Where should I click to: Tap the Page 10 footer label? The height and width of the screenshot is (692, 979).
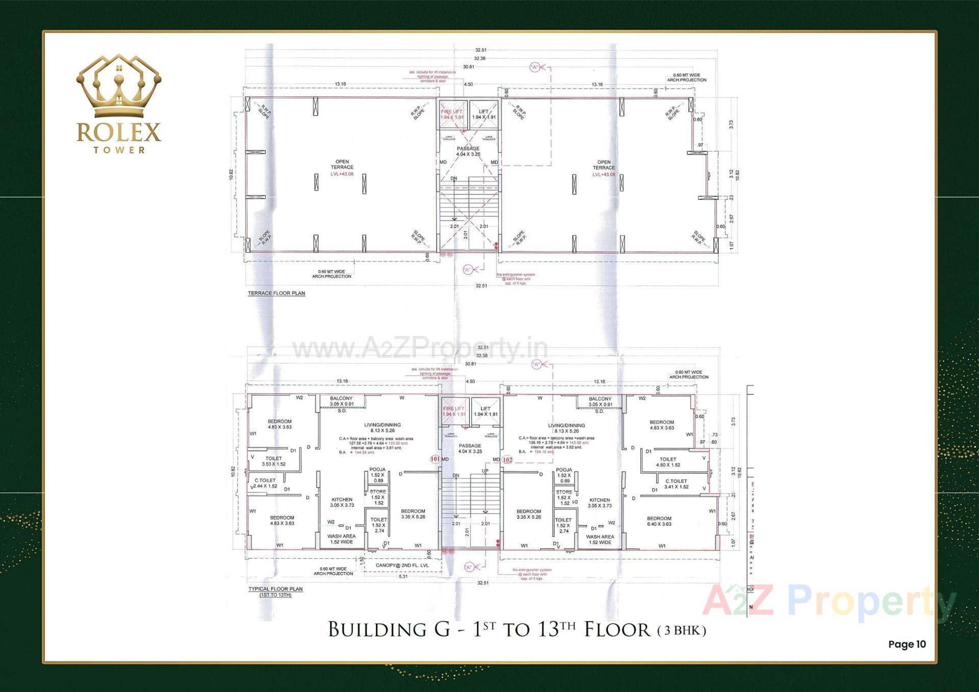[907, 644]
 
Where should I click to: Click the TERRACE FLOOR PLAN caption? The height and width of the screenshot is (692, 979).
[276, 293]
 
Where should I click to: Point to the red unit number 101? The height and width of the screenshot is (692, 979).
[435, 459]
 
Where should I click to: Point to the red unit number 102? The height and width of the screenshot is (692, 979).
[507, 459]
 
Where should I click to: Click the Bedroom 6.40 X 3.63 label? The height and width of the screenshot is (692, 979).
[659, 521]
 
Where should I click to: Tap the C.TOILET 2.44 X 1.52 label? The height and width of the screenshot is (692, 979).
[266, 483]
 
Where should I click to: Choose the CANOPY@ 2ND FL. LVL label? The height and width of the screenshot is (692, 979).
[402, 565]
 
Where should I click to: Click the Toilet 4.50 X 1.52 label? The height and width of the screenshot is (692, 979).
[668, 462]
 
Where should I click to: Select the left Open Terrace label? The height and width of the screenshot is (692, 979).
[342, 165]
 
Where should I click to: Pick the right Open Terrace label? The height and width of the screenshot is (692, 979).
[604, 165]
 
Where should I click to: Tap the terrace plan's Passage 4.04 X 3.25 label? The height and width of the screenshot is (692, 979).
[468, 151]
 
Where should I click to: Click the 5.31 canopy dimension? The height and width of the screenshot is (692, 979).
[403, 576]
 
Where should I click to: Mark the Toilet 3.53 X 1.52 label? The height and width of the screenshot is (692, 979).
[274, 461]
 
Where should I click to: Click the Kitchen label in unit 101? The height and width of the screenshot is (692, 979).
[342, 502]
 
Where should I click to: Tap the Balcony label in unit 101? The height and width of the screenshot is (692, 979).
[341, 401]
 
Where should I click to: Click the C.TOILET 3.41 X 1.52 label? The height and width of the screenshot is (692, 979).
[676, 484]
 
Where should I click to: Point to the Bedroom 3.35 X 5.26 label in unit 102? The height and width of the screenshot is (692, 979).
[529, 514]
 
